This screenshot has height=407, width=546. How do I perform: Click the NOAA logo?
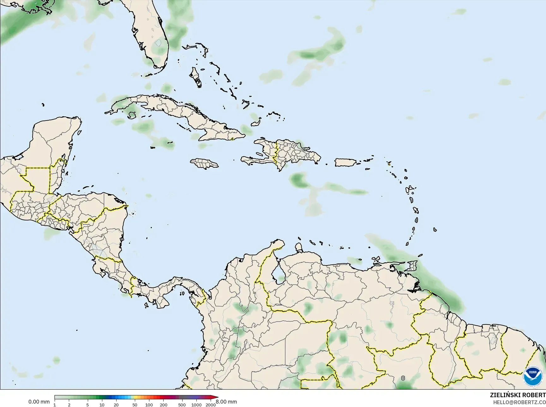532,377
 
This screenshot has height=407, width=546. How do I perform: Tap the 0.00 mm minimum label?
39,402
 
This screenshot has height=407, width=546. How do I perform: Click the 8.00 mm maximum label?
226,402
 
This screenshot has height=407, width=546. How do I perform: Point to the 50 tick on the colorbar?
135,405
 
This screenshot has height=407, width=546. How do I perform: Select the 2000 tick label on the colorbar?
211,405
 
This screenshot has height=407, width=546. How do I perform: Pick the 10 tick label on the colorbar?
102,405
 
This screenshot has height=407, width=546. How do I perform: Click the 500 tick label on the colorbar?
182,405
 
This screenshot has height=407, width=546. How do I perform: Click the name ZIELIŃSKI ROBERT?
518,395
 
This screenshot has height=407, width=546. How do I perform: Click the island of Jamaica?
204,163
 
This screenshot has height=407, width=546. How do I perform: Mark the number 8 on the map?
403,378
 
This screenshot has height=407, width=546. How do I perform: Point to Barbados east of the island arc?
435,230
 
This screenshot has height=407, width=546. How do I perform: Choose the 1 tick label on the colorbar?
55,405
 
